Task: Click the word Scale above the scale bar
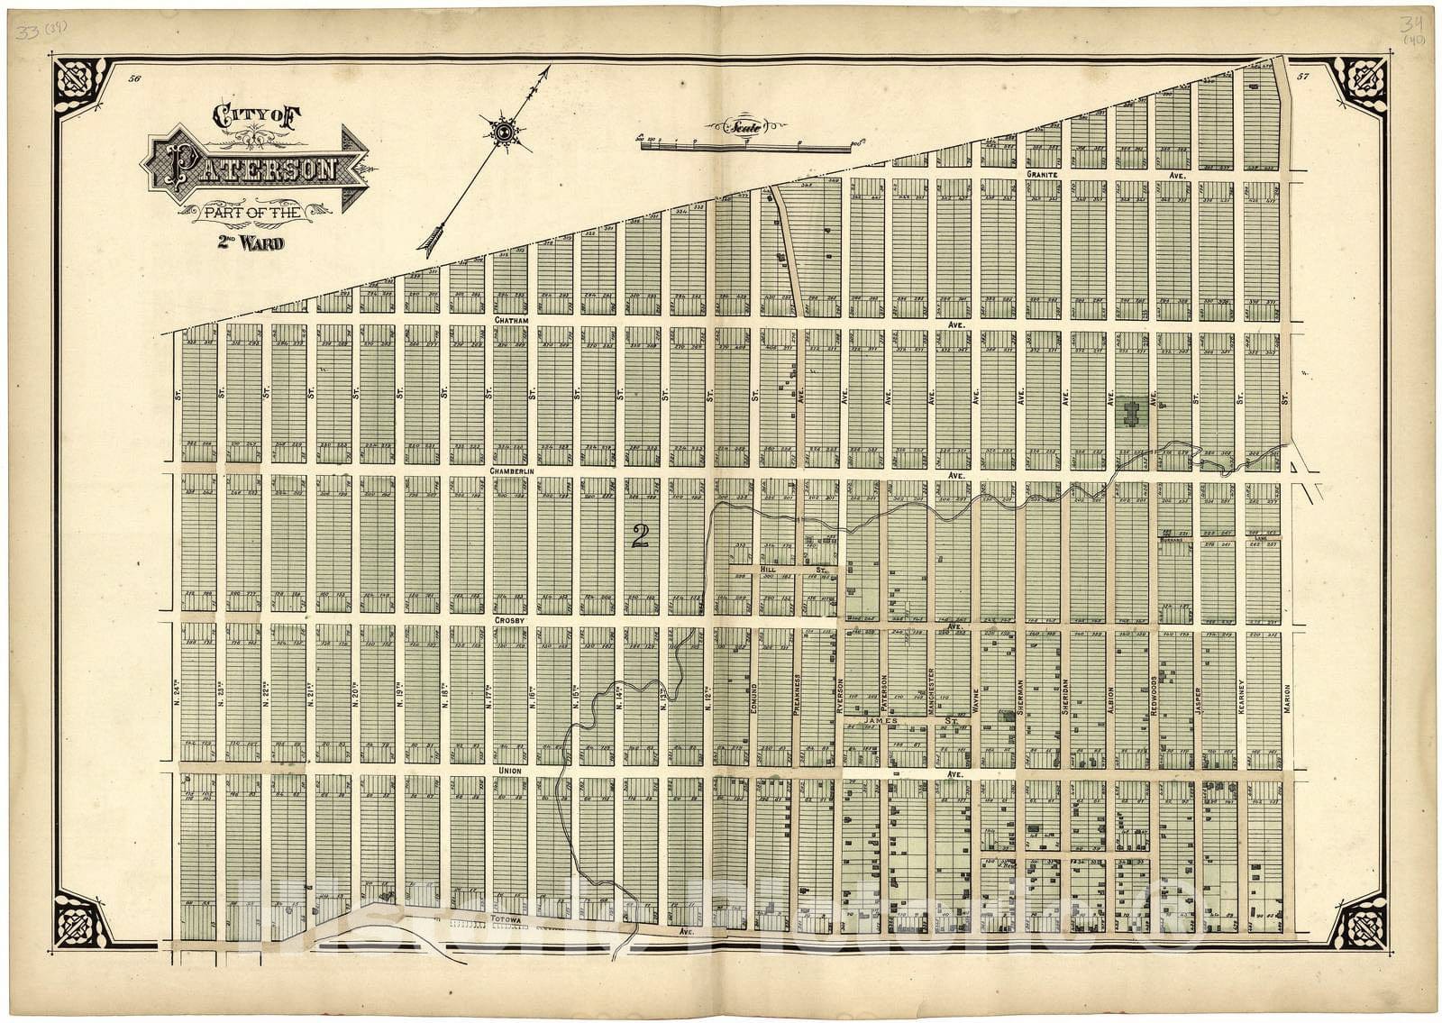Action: (745, 127)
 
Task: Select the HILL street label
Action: (768, 571)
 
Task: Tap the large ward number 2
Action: (641, 536)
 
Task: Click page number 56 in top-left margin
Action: (135, 79)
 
